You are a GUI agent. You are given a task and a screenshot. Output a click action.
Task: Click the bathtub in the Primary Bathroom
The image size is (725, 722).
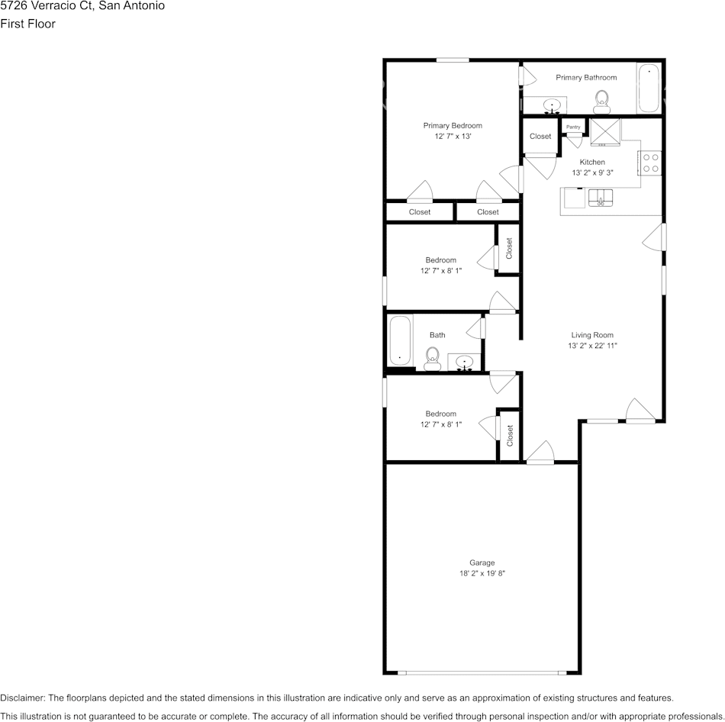point(648,88)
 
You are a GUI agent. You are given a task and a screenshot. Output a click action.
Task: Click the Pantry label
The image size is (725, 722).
point(573,127)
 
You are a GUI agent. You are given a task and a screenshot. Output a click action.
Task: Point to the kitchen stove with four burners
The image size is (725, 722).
point(650,163)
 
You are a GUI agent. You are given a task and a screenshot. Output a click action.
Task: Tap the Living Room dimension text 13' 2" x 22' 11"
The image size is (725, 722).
point(592,346)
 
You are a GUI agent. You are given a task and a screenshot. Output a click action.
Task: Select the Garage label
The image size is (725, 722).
point(482,562)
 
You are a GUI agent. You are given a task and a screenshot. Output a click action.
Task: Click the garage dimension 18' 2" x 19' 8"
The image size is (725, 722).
point(482,573)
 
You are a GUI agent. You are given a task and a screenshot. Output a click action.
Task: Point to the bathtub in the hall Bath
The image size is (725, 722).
point(400,341)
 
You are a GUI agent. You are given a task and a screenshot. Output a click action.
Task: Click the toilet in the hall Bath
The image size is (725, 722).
point(432,358)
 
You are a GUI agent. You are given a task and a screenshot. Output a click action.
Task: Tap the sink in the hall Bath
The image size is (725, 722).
point(463,361)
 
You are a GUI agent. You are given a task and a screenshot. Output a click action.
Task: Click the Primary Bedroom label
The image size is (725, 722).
point(453,125)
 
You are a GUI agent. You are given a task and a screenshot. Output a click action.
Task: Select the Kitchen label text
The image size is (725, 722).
point(592,162)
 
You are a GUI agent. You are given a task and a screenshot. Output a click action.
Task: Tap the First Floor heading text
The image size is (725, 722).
point(27,24)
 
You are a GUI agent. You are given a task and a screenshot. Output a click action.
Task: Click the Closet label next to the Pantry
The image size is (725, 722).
point(540,137)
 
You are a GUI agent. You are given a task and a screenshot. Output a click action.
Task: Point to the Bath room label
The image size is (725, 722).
point(437,335)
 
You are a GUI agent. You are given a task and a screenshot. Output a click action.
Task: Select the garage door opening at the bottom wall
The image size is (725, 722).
point(481,672)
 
